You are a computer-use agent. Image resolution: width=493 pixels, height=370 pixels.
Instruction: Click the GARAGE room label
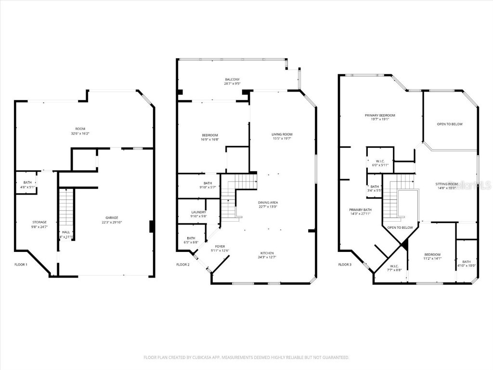110,217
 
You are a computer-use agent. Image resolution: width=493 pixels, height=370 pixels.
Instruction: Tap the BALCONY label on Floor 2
232,79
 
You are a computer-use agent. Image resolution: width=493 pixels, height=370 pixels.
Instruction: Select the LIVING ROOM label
282,134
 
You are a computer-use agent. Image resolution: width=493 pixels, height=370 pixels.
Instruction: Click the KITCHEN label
267,253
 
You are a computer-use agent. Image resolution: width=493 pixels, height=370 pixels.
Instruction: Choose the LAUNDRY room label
198,212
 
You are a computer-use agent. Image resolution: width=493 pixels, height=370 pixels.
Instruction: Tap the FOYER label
220,246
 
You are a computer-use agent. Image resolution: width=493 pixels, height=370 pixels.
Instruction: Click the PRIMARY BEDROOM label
380,115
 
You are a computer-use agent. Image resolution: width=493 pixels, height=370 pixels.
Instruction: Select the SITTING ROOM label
446,184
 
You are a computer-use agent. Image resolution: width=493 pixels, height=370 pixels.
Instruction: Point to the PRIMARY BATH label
361,210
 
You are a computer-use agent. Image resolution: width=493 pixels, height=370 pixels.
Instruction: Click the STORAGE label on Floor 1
39,222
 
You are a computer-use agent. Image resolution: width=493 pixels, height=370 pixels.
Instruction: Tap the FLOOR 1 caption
21,264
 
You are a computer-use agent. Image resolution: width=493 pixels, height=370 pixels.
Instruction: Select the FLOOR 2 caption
183,264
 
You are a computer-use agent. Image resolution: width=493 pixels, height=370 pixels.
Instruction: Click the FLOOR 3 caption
345,264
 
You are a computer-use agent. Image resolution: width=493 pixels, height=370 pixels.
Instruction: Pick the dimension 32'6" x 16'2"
80,133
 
